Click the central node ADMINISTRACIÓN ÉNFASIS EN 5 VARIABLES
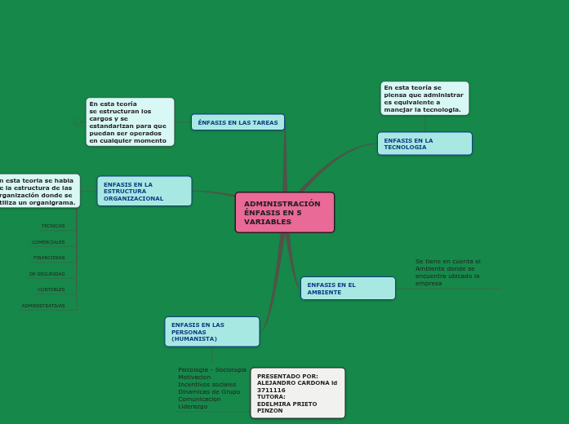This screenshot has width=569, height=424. pyautogui.click(x=284, y=212)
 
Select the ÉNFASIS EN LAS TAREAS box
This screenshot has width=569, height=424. pyautogui.click(x=238, y=122)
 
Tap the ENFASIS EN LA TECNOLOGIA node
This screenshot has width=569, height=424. pyautogui.click(x=425, y=144)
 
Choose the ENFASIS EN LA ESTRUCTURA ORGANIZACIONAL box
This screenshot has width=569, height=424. pyautogui.click(x=144, y=191)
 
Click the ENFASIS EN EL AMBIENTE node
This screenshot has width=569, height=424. pyautogui.click(x=348, y=288)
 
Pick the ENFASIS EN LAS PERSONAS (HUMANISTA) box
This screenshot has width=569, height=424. pyautogui.click(x=212, y=332)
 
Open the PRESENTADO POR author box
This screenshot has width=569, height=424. pyautogui.click(x=297, y=393)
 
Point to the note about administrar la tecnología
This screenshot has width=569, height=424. pyautogui.click(x=425, y=98)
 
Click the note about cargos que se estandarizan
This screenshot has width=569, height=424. pyautogui.click(x=130, y=121)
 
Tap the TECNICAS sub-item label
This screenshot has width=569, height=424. pyautogui.click(x=53, y=226)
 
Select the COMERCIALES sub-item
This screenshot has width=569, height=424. pyautogui.click(x=48, y=242)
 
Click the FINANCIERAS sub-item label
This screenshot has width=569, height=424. pyautogui.click(x=49, y=258)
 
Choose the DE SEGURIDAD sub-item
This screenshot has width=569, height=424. pyautogui.click(x=47, y=274)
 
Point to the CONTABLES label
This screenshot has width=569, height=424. pyautogui.click(x=51, y=289)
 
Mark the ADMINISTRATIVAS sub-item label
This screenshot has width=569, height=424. pyautogui.click(x=43, y=306)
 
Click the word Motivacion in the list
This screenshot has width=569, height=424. pyautogui.click(x=194, y=377)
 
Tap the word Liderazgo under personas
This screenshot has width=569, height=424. pyautogui.click(x=193, y=406)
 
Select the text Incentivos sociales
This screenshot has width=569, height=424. pyautogui.click(x=207, y=384)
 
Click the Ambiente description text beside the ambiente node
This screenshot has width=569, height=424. pyautogui.click(x=447, y=272)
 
